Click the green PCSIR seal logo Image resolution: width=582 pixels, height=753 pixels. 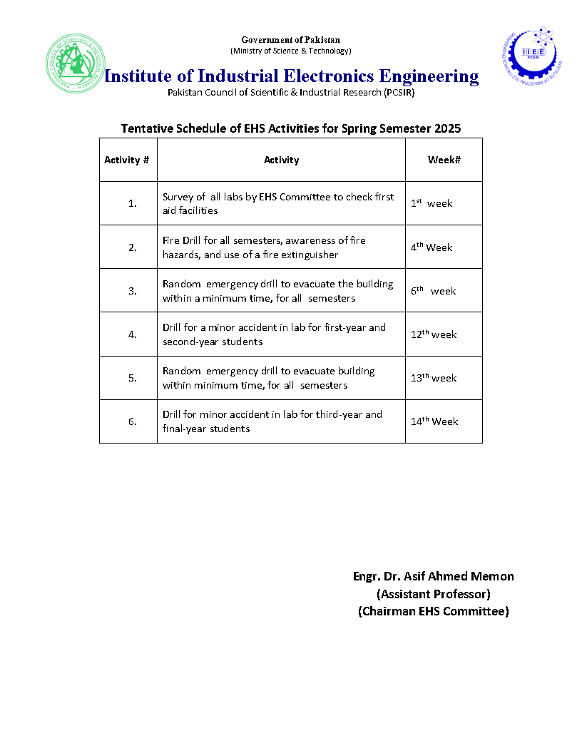point(74,63)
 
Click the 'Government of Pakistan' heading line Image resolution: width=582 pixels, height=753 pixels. point(290,40)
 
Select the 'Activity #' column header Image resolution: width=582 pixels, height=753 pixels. point(127,160)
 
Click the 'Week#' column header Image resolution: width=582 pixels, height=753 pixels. point(444,160)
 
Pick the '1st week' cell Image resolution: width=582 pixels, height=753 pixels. point(432,204)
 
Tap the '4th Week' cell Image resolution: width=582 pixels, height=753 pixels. point(432,247)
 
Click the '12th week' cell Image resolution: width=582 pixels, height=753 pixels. point(434,334)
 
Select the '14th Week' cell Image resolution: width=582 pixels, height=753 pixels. point(434,421)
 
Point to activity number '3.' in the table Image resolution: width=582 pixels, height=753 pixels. point(133,291)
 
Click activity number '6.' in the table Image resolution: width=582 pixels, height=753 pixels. point(133,421)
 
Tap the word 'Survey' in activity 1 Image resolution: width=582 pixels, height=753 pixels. point(179,197)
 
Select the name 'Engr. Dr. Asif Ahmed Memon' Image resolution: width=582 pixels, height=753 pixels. point(434,576)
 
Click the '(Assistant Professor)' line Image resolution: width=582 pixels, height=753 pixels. point(434,594)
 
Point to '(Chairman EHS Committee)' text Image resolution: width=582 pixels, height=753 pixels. point(434,611)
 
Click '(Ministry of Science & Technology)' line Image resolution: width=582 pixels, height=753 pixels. point(290,51)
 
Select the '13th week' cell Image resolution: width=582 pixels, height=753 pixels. point(434,378)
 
